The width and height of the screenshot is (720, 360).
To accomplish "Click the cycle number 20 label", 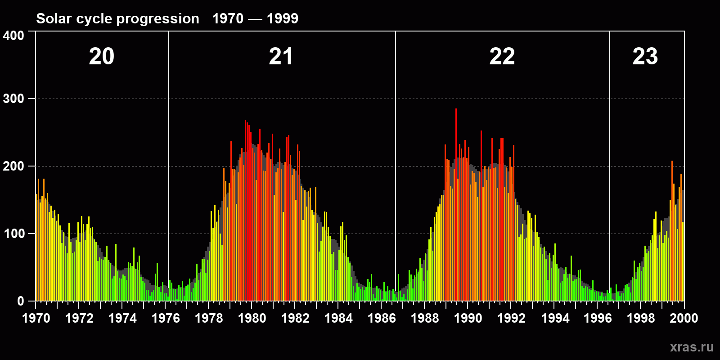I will point(102,57).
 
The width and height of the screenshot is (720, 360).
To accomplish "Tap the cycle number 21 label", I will point(281,57).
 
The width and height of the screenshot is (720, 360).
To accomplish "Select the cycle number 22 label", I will point(502,57).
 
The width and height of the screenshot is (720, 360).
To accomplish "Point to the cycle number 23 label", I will point(645,57).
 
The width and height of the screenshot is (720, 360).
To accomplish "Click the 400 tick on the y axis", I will point(13,36).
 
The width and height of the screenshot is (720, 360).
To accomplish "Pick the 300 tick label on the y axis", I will point(13,99).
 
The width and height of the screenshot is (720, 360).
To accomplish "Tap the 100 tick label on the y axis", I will point(13,234).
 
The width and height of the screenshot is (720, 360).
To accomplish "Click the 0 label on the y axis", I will point(21,301).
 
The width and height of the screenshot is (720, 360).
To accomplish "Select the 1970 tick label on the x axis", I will point(36,318).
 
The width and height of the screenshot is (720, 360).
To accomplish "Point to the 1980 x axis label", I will point(252,318).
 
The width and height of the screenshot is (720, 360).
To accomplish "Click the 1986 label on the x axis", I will point(382,318).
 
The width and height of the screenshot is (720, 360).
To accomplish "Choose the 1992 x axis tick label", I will point(511,318).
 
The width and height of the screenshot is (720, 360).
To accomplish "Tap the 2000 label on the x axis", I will point(684,318).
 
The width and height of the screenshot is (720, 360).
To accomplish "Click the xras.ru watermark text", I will point(692,347).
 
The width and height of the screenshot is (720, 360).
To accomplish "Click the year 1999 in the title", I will point(282,18).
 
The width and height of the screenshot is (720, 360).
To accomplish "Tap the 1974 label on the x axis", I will point(122,318).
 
